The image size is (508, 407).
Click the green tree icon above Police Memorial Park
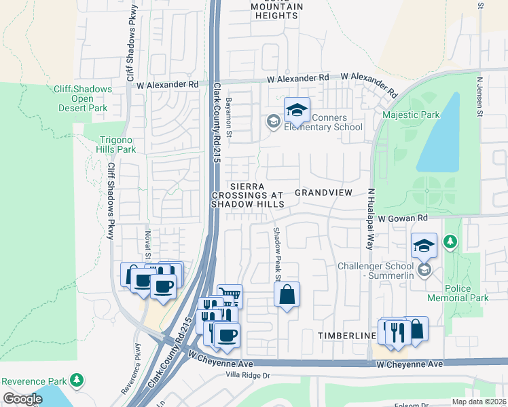(x=449, y=241)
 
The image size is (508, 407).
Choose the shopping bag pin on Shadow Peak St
(x=287, y=295)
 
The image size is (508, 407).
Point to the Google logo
(x=22, y=399)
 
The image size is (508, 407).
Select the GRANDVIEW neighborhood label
(x=323, y=193)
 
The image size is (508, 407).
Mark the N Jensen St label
(x=479, y=97)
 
